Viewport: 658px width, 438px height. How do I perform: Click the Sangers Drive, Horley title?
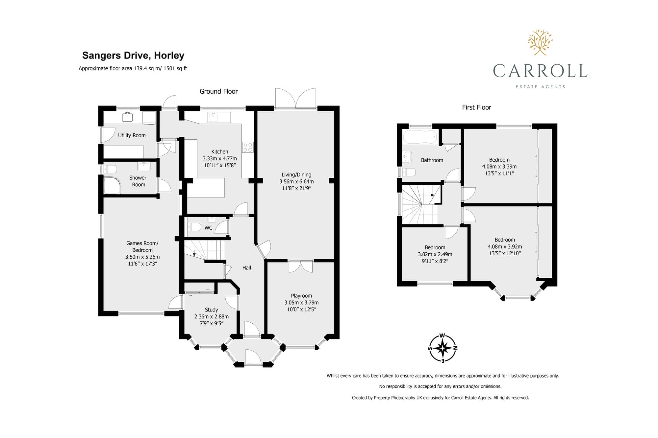[133, 56]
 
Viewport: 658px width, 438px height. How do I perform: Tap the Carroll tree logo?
[540, 42]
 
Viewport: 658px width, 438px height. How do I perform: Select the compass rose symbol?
[443, 348]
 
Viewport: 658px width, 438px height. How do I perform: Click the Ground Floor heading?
[218, 91]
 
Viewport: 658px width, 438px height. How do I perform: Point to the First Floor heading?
[476, 107]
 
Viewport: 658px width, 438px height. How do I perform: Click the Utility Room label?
[132, 135]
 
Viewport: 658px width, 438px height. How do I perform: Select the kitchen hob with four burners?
[248, 147]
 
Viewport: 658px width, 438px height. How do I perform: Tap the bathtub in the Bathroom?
[420, 137]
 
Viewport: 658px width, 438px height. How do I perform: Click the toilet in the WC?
[194, 227]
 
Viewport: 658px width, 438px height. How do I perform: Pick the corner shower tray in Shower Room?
[112, 186]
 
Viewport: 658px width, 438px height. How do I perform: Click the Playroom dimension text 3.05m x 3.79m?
[301, 303]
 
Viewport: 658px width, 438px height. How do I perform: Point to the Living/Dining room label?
[296, 175]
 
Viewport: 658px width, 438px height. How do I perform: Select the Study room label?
[211, 310]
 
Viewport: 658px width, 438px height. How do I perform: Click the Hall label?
[246, 268]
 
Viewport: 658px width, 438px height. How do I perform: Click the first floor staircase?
[420, 204]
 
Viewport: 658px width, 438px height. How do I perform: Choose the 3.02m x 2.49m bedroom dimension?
[435, 254]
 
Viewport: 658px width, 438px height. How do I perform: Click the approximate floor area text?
[133, 69]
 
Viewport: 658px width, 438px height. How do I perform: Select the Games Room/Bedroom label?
[142, 247]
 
